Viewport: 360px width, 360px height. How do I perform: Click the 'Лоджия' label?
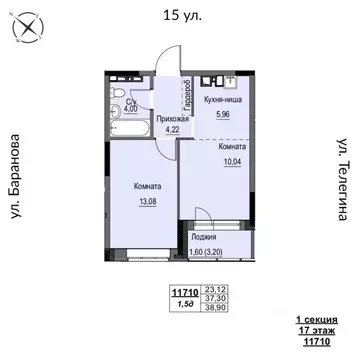206,240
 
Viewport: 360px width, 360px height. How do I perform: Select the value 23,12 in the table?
211,289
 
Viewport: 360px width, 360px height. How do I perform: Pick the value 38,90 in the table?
211,309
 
